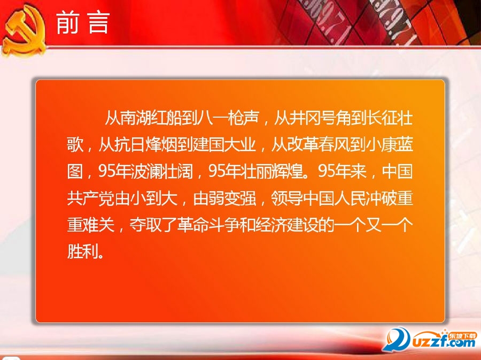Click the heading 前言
pyautogui.click(x=83, y=23)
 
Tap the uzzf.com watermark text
pyautogui.click(x=438, y=344)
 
